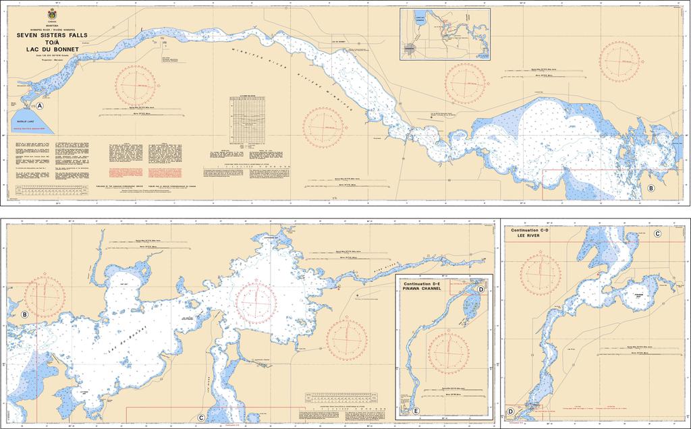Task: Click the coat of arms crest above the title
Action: [x=53, y=15]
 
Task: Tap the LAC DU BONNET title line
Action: [x=53, y=49]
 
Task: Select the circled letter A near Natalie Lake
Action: [x=40, y=107]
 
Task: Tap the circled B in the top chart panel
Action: [x=651, y=188]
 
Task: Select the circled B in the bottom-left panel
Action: [x=24, y=315]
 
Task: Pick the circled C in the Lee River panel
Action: [x=657, y=233]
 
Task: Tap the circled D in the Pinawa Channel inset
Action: [x=480, y=289]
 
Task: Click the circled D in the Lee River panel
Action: [x=510, y=411]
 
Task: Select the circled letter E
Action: [x=416, y=411]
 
